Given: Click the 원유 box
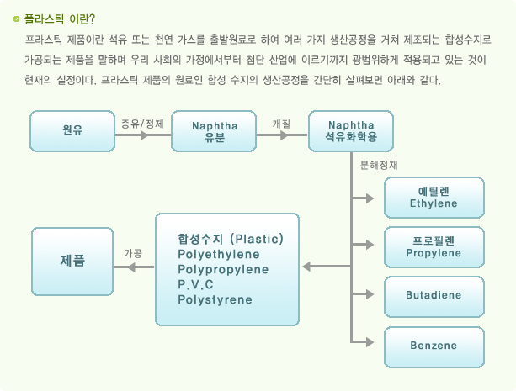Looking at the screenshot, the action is click(x=72, y=131).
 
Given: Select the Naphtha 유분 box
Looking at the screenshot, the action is click(x=214, y=131).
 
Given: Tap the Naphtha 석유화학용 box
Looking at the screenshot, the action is click(x=351, y=131).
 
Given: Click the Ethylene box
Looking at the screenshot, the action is click(x=434, y=198).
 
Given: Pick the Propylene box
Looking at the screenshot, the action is click(x=434, y=247).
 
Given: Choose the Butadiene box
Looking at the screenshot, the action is click(x=434, y=297).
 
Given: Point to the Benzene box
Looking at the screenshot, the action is click(x=434, y=347).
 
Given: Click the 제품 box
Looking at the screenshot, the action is click(x=72, y=262).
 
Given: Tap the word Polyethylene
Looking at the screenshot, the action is click(x=219, y=255).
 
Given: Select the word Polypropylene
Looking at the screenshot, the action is click(x=223, y=270).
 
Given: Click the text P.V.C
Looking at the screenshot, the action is click(x=195, y=284).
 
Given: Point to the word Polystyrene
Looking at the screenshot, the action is click(x=215, y=300).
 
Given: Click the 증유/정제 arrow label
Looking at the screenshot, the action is click(x=142, y=124).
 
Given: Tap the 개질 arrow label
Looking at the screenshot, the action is click(x=281, y=124).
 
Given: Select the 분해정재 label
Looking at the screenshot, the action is click(x=379, y=165).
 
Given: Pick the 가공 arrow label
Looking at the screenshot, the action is click(x=133, y=253).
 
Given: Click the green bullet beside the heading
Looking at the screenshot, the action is click(x=17, y=19).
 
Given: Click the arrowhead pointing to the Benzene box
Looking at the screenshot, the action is click(x=370, y=342).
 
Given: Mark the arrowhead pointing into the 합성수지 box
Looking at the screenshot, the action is click(x=306, y=267).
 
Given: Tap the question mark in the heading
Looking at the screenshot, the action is click(x=92, y=19).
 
